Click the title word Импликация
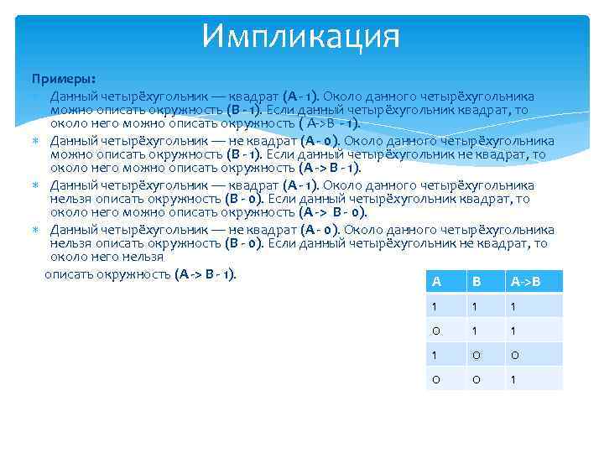(301, 35)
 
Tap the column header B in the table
(476, 281)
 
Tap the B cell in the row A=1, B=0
(476, 354)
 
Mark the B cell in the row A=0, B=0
(476, 378)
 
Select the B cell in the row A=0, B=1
(476, 330)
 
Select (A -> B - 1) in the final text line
(206, 273)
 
